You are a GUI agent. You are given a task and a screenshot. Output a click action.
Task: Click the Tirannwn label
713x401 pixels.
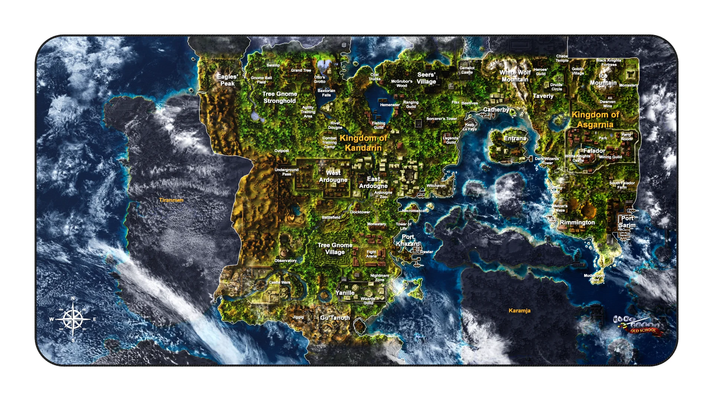[171, 200]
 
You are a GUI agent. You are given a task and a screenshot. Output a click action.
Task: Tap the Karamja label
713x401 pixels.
[519, 311]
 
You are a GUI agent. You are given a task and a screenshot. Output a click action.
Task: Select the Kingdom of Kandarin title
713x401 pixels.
[363, 143]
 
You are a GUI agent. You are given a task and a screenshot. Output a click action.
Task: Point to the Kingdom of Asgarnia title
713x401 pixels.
[595, 120]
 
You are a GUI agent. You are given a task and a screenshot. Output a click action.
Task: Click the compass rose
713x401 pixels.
[73, 319]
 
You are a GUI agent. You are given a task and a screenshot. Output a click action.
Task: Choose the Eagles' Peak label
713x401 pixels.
[227, 80]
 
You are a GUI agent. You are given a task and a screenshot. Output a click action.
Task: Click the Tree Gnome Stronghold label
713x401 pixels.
[280, 98]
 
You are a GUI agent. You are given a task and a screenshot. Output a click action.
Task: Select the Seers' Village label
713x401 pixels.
[426, 78]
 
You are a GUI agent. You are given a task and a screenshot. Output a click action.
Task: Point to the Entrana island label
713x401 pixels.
[515, 138]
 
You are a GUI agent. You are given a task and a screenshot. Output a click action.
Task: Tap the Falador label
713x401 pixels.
[594, 151]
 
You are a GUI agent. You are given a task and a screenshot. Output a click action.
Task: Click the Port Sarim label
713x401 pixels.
[627, 222]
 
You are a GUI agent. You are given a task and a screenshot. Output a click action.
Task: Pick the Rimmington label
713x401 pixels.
[577, 222]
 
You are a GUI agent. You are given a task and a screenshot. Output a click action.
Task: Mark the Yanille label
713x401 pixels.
[345, 293]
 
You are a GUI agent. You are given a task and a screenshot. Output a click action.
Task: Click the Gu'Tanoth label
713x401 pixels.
[335, 318]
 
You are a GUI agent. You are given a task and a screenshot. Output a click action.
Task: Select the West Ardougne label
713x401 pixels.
[333, 176]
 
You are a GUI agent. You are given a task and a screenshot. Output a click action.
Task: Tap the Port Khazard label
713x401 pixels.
[408, 240]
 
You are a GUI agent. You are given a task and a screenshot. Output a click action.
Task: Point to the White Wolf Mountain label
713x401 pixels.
[515, 76]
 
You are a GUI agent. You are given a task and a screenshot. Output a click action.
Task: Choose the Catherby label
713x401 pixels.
[496, 110]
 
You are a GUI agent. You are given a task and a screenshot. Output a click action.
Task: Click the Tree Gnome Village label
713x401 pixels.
[335, 249]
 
